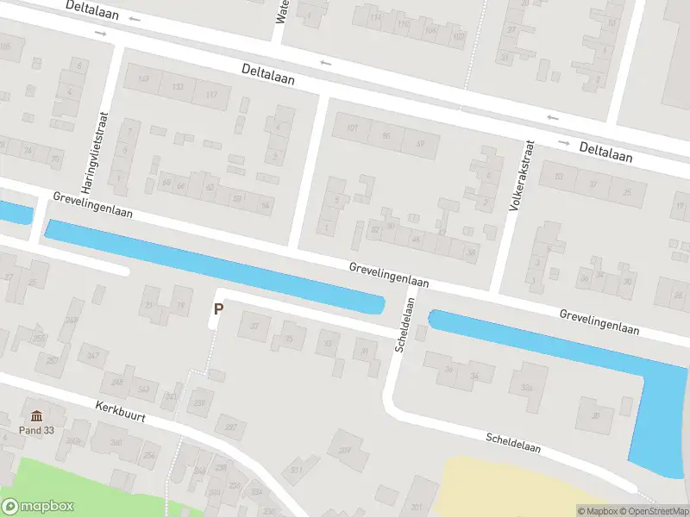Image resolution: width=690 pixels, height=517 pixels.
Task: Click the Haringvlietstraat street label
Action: point(101,151)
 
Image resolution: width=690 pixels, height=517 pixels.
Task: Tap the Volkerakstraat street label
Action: point(523,178)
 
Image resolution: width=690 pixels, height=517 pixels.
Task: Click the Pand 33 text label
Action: point(37,429)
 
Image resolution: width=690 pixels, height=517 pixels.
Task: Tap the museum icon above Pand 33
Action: point(37,415)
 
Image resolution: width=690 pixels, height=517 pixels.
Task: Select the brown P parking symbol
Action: point(218,308)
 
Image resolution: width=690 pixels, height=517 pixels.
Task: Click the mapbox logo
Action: point(37,507)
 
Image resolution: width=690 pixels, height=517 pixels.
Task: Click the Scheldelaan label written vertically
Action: point(405,325)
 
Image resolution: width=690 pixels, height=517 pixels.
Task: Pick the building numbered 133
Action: point(178,87)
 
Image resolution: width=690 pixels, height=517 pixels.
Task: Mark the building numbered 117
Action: point(211,93)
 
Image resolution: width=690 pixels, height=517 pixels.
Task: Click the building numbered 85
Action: point(386,135)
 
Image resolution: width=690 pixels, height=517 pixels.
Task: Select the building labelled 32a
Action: point(527,387)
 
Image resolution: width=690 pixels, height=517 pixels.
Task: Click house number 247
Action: point(93,355)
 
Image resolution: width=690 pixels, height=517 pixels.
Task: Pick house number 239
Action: point(201,402)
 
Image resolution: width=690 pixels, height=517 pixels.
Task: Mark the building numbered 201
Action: point(417,506)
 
